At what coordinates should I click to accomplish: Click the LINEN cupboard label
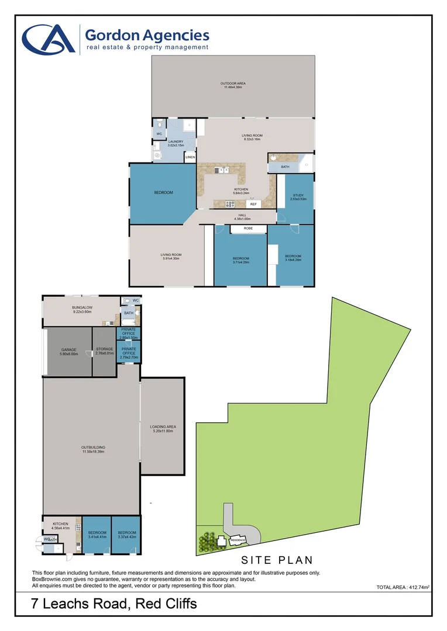click(190, 158)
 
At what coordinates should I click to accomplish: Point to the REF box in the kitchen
click(253, 204)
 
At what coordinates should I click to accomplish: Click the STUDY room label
click(298, 196)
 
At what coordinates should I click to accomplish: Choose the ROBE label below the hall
click(248, 228)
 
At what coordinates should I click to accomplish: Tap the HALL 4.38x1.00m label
click(241, 217)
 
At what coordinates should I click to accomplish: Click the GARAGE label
click(69, 351)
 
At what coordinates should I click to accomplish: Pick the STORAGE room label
click(104, 351)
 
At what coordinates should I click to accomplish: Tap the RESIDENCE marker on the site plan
click(238, 540)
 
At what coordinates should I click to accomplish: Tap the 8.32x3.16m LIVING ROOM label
click(251, 137)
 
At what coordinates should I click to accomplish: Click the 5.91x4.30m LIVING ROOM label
click(170, 256)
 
